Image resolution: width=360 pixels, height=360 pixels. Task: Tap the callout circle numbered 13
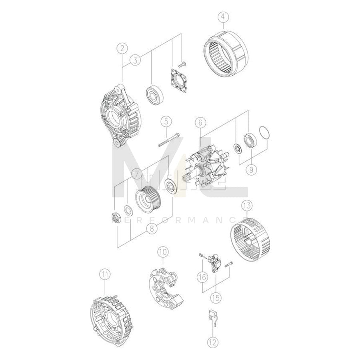(247, 206)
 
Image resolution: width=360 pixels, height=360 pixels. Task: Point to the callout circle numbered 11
(105, 275)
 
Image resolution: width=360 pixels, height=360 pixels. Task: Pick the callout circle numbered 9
(251, 170)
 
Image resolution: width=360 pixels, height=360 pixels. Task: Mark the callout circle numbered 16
(202, 276)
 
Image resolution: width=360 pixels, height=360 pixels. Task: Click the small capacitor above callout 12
(211, 316)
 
